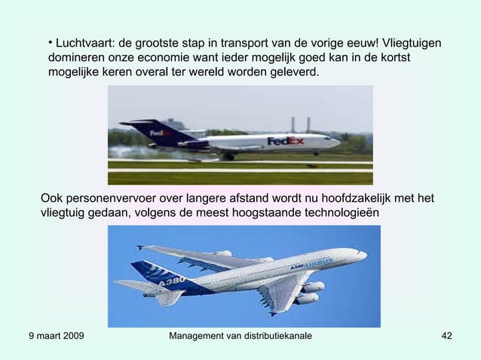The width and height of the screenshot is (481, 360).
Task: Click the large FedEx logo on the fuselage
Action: tap(286, 141)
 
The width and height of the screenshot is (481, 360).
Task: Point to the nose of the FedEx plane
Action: tap(339, 141)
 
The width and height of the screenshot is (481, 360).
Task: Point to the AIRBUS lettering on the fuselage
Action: tap(317, 264)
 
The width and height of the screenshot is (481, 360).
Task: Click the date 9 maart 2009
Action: tap(55, 335)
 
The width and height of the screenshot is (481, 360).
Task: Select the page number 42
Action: tap(446, 335)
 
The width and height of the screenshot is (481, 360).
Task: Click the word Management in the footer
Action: tap(202, 335)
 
